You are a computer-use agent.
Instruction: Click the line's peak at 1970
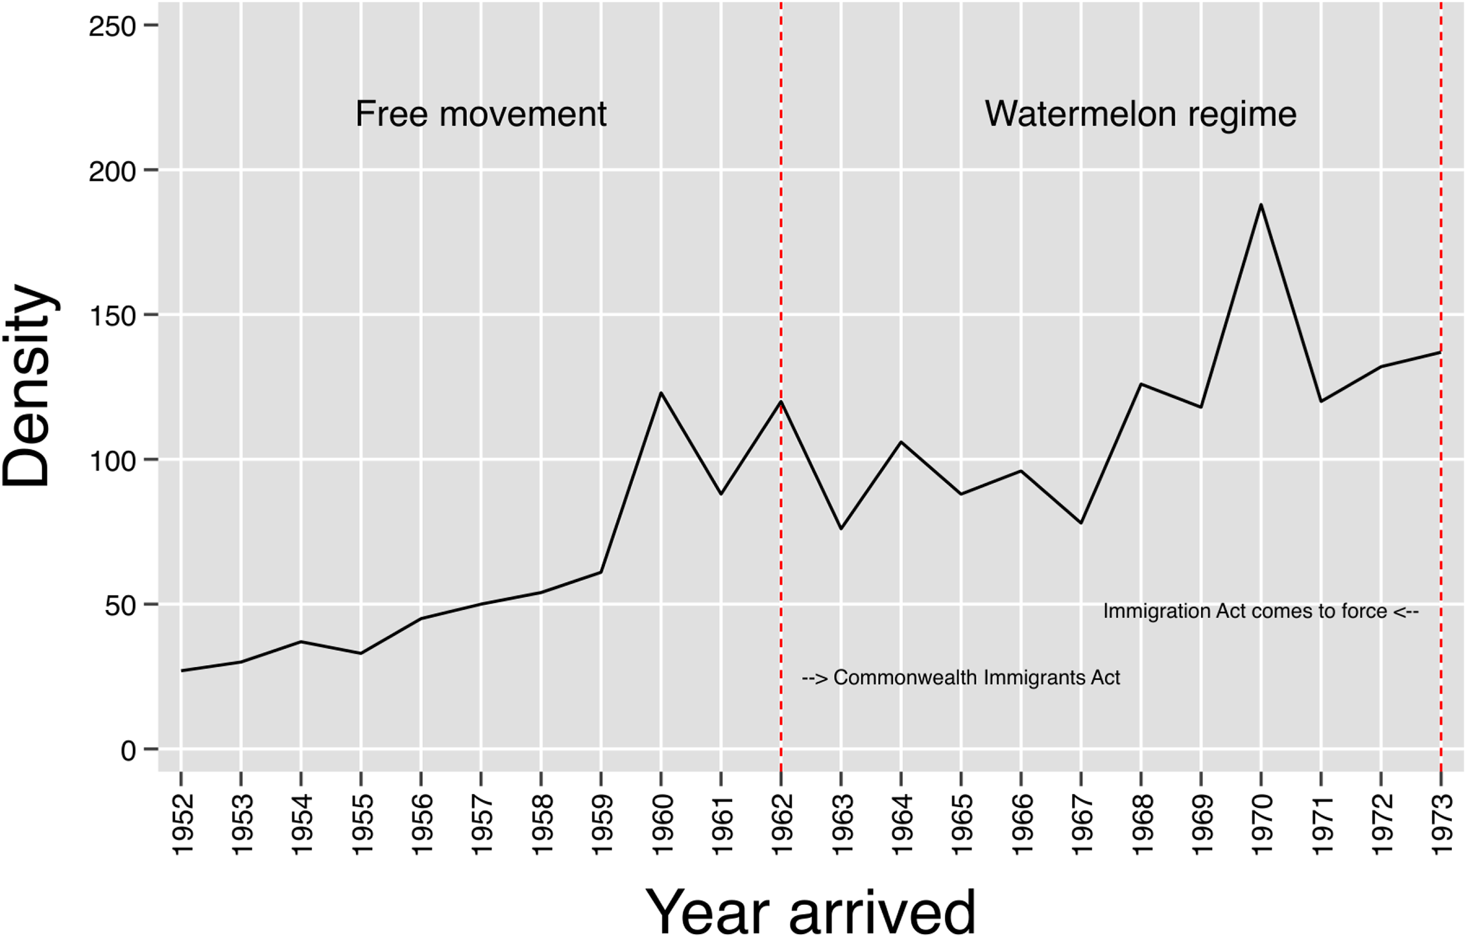tap(1261, 205)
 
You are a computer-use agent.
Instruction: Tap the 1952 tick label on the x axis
tap(182, 825)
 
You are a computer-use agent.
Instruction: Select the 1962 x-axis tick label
tap(782, 825)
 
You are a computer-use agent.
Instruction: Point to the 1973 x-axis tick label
tap(1441, 825)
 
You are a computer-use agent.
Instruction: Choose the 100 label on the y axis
tap(112, 460)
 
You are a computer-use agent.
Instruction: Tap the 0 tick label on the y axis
tap(128, 750)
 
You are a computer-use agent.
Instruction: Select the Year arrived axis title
tap(811, 911)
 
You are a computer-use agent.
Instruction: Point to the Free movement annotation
tap(481, 114)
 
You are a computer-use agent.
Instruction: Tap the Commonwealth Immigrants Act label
tap(977, 677)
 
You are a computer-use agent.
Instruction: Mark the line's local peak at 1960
tap(661, 393)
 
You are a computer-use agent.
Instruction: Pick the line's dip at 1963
tap(842, 529)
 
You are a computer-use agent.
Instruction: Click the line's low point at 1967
tap(1082, 523)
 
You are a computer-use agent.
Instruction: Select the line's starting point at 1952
tap(182, 670)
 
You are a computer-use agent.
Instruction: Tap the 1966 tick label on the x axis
tap(1022, 825)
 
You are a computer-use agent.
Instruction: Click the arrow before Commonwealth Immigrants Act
tap(815, 678)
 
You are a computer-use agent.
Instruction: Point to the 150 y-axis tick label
tap(112, 316)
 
